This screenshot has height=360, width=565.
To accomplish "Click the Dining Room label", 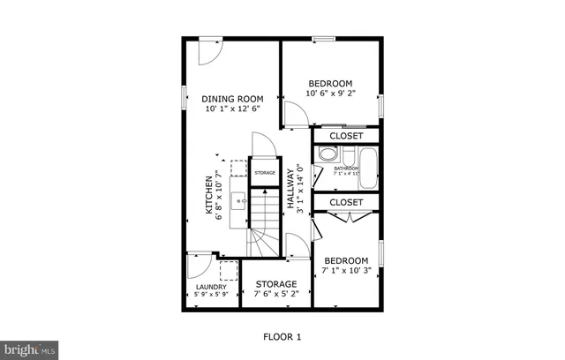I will click(234, 99).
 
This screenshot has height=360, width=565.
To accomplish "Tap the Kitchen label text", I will click(210, 194).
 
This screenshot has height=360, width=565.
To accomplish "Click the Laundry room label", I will click(211, 287).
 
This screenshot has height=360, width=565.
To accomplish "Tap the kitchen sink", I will click(239, 201).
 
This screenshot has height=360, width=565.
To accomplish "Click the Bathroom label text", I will click(346, 169).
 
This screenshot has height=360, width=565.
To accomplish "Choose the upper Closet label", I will click(346, 137).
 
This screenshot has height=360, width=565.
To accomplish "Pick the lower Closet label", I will click(346, 203).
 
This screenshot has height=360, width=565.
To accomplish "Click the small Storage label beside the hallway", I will click(265, 173).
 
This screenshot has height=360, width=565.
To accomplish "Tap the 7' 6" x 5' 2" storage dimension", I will click(275, 296).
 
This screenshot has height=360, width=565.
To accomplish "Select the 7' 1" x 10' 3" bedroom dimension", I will click(345, 272).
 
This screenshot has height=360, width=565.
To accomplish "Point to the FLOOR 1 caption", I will click(282, 337).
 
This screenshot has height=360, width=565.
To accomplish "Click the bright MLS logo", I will click(29, 350).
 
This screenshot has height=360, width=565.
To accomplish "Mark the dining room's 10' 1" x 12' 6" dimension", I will click(234, 109).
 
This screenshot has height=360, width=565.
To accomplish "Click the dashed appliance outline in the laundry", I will click(229, 270).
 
